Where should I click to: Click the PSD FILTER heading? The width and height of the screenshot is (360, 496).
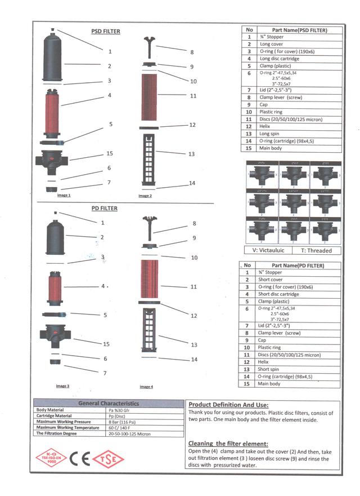click(106, 32)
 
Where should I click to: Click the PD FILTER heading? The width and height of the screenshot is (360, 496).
click(105, 209)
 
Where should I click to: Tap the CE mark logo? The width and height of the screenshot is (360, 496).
click(80, 458)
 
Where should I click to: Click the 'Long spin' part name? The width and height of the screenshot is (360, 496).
click(269, 134)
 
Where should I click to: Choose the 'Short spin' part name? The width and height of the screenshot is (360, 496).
click(269, 369)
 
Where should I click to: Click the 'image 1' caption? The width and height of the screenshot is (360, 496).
click(64, 195)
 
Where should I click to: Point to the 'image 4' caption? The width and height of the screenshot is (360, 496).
click(146, 387)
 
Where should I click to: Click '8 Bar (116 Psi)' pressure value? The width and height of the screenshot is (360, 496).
click(121, 422)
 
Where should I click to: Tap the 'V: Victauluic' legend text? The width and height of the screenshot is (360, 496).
click(268, 250)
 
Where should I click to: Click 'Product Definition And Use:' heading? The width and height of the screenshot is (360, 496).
click(228, 405)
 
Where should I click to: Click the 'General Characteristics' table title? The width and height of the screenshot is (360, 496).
click(109, 404)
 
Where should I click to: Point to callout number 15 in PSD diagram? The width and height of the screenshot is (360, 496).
click(110, 153)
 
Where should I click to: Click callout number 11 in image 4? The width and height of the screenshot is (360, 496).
click(193, 287)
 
